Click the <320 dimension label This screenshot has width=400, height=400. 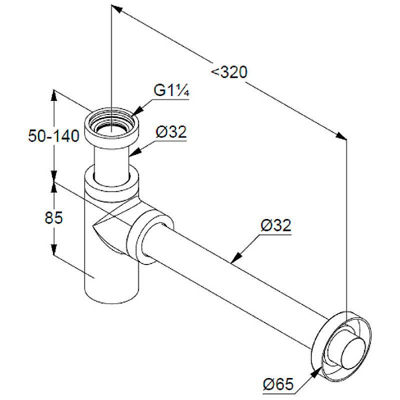pos(229,72)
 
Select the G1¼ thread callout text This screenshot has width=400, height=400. pos(171,90)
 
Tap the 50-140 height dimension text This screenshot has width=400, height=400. pos(54,135)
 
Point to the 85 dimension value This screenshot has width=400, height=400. pos(53,218)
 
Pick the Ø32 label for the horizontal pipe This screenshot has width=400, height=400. pos(276,225)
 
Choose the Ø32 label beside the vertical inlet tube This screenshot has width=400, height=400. pos(171,132)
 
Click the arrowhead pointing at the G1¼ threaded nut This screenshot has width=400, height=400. pos(138,110)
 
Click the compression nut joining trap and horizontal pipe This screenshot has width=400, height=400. pos(150,236)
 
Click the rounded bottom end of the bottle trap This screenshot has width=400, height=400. pos(111,297)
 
